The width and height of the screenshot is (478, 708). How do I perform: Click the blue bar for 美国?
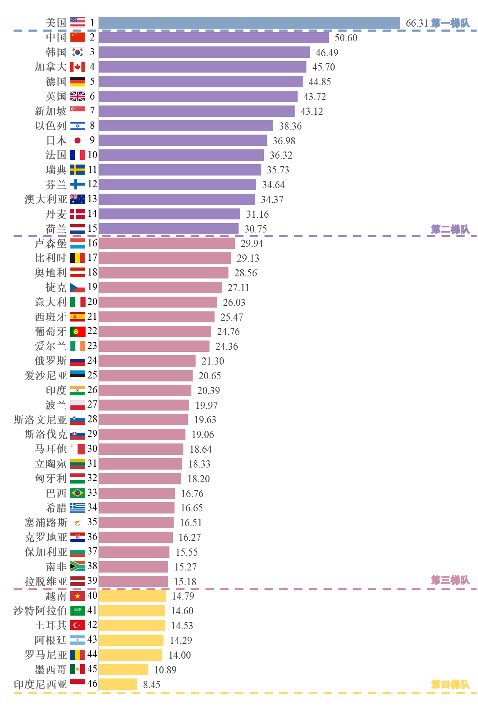249,23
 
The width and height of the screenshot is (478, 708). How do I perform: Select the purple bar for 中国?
214,38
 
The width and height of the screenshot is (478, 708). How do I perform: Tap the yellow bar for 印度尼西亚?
118,684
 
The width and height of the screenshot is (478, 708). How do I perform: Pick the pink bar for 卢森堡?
166,243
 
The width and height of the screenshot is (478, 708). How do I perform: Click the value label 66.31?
416,23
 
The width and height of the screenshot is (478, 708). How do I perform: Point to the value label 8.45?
152,684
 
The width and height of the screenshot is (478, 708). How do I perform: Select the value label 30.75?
255,229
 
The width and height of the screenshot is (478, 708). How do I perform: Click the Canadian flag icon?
78,67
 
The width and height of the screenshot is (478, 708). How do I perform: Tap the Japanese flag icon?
78,141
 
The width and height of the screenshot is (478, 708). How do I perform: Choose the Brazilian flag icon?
78,493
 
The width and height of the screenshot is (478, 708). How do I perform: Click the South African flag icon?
78,566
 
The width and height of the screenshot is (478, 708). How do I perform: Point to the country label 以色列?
51,126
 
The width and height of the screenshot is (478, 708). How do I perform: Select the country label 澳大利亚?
46,199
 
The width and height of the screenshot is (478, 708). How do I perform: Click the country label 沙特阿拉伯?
40,611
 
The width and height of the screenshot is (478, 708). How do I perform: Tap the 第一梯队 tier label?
450,23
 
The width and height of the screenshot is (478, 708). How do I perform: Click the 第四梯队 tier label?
450,684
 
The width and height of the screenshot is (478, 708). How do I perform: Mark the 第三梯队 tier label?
450,580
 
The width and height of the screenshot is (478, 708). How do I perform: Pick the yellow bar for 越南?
132,596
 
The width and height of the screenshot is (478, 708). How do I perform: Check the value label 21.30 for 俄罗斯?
212,361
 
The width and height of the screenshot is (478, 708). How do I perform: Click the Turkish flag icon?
78,625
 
